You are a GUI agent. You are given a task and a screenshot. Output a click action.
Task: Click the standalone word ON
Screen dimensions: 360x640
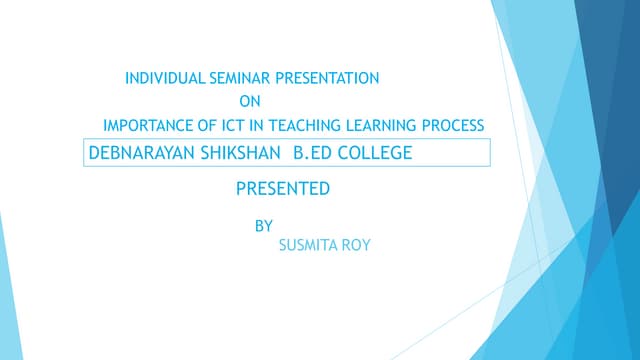tap(250, 100)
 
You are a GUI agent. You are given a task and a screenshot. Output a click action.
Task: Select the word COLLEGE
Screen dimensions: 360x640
tap(375, 154)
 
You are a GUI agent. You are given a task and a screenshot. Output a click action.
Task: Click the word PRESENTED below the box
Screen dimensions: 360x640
tap(282, 188)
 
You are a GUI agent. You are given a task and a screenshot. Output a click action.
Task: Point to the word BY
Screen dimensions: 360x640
tap(264, 226)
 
